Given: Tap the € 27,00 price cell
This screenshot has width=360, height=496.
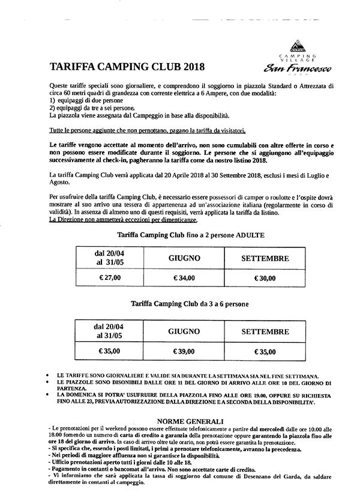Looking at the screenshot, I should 109,278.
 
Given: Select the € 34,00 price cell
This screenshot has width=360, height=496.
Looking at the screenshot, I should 184,278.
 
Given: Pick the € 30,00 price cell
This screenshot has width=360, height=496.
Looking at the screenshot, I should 265,278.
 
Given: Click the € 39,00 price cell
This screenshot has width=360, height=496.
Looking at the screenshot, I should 184,352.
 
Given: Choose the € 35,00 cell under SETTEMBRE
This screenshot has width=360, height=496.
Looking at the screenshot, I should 265,352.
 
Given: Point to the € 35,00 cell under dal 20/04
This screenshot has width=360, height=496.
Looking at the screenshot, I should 109,352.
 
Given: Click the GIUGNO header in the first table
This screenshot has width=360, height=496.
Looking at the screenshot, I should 184,259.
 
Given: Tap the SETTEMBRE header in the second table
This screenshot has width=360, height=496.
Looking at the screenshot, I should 265,331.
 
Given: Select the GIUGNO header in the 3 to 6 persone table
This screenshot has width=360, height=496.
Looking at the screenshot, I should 184,331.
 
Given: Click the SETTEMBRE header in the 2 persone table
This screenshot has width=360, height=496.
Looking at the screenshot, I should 265,259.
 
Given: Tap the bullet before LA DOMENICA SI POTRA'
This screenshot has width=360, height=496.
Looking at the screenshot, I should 47,395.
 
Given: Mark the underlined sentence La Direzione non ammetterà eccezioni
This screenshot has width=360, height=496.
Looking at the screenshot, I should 115,219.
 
